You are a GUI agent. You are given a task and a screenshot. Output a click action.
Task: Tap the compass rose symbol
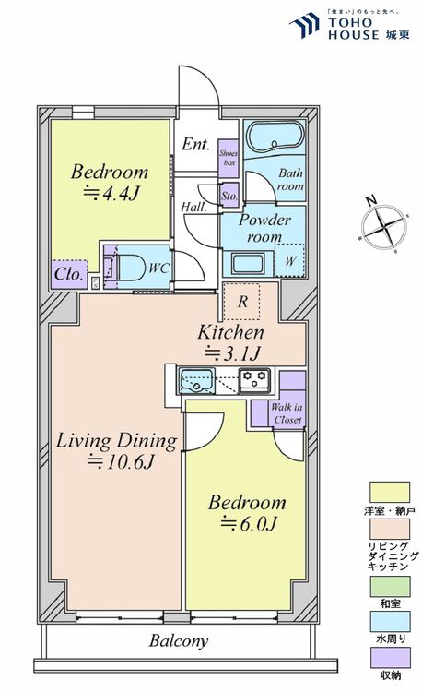[386, 226]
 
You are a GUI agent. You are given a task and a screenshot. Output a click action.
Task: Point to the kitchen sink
[196, 379]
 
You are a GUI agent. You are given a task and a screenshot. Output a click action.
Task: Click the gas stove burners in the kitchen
[254, 378]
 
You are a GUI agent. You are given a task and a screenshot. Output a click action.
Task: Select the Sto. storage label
[229, 196]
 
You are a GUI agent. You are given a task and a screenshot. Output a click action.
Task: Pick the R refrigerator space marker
[242, 301]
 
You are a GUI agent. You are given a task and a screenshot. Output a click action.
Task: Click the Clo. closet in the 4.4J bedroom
[69, 274]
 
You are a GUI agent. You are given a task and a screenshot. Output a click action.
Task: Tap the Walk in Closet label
[287, 412]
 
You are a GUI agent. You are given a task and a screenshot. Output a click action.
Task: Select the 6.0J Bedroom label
[246, 514]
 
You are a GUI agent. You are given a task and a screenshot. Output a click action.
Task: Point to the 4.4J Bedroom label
[110, 182]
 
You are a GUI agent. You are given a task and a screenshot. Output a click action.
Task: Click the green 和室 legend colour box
[389, 585]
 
